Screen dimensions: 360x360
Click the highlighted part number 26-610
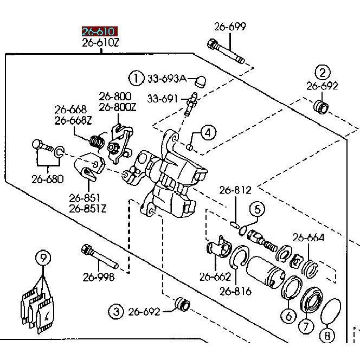pos(100,31)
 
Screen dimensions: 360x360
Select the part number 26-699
pos(230,27)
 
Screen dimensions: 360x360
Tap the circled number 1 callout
pos(136,78)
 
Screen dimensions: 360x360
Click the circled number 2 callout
pos(323,73)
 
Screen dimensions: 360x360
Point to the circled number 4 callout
pos(208,133)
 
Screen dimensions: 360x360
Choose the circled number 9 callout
pos(43,258)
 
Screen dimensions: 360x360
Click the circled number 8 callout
pos(327,336)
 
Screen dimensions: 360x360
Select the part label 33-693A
pos(166,79)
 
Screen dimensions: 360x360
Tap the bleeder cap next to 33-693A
pos(200,81)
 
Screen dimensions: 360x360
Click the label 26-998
pos(99,278)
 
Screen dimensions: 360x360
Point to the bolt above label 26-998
pos(100,256)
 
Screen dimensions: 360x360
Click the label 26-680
pos(48,179)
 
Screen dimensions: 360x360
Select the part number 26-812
pos(235,190)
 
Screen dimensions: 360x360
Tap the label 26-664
pos(308,237)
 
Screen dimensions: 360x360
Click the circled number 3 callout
pos(116,312)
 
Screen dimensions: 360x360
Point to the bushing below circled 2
pos(321,107)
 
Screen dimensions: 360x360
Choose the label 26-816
pos(235,291)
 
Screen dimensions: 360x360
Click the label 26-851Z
pos(88,209)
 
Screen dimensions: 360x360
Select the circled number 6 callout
pos(288,316)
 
